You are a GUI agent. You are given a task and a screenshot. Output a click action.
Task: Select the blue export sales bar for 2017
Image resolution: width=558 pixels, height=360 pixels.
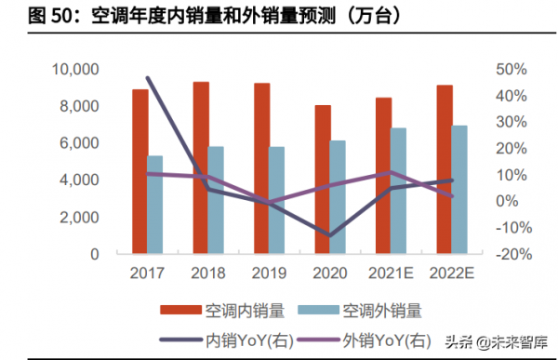coord(155,205)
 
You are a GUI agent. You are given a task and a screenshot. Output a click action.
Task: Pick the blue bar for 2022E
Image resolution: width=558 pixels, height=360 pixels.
coord(459,190)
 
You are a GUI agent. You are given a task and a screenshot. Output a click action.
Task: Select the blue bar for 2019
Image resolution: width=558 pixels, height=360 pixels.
coord(277,200)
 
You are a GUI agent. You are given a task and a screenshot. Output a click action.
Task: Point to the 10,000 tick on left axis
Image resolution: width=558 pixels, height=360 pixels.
coord(74,69)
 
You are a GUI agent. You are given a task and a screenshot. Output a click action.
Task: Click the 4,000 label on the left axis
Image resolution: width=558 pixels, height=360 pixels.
coord(79,180)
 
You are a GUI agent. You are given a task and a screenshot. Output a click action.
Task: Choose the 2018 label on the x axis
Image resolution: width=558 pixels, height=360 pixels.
coord(208,272)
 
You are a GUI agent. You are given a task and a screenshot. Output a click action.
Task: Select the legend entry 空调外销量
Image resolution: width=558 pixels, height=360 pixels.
coord(380,310)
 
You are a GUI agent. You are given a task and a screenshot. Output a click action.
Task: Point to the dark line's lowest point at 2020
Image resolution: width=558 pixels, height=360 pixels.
coord(329,235)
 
